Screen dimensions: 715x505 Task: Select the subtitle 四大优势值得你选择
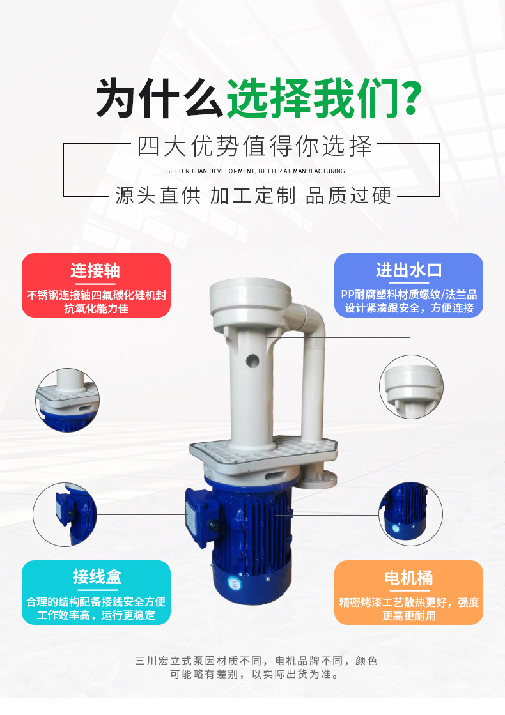[254, 146]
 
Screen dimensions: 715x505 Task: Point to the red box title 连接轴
[96, 270]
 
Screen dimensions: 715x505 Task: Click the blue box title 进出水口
[408, 270]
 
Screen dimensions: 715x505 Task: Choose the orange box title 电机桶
[408, 578]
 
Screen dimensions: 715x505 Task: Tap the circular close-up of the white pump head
[411, 387]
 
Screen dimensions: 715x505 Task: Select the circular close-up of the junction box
[65, 514]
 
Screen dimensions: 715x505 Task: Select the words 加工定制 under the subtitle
[252, 195]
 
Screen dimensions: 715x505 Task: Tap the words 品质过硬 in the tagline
[348, 195]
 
